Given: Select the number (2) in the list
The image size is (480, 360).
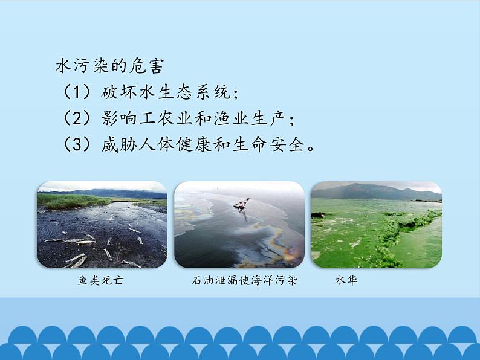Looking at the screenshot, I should (x=77, y=118).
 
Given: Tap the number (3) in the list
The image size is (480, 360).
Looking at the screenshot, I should (x=77, y=145).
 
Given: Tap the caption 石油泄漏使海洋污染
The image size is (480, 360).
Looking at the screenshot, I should (x=244, y=281).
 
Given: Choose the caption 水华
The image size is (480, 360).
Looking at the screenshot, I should (x=346, y=281).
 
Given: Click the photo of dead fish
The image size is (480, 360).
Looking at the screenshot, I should (x=102, y=225).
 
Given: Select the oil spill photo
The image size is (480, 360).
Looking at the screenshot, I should (x=239, y=225).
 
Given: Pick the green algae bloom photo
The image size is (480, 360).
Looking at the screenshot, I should (x=376, y=225).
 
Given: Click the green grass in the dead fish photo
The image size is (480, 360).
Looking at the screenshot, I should (x=66, y=201).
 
